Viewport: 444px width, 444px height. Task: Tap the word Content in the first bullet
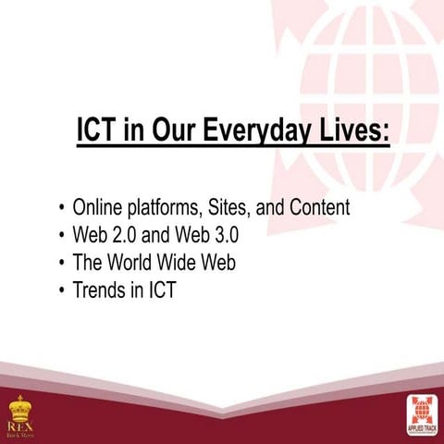[x=319, y=207]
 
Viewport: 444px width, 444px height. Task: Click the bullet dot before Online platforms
[x=62, y=208]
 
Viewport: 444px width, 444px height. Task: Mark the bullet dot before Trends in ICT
[x=62, y=291]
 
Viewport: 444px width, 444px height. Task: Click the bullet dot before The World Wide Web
[x=62, y=264]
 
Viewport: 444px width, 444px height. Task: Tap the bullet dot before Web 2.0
[x=62, y=236]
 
